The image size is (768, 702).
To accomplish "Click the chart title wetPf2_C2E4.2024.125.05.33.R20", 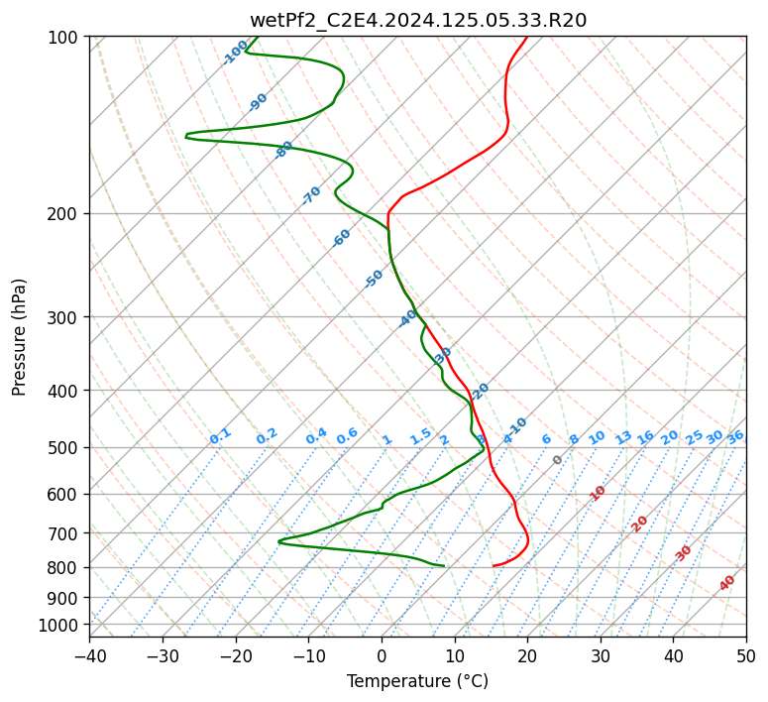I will click(417, 20).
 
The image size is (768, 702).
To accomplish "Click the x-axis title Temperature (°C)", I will click(417, 682).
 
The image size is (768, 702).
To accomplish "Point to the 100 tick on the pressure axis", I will click(65, 38).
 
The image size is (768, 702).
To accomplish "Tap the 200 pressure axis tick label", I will click(65, 214).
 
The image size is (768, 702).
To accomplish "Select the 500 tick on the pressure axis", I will click(65, 448).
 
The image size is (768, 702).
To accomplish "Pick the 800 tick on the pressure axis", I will click(65, 568).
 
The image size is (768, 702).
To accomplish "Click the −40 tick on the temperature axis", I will click(89, 655).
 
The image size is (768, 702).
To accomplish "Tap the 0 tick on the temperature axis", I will click(382, 655).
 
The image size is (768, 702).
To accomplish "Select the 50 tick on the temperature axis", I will click(746, 655).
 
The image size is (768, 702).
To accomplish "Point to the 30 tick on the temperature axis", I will click(601, 655).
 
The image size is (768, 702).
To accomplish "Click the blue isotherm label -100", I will click(235, 53).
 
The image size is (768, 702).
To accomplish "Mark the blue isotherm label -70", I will click(311, 195).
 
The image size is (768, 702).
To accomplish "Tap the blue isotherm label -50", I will click(374, 279).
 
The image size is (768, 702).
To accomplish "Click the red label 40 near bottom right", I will click(727, 583).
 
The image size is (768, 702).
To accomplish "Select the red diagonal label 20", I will click(640, 523).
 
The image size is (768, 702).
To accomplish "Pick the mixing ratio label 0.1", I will click(220, 436).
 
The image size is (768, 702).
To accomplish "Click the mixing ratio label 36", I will click(735, 436).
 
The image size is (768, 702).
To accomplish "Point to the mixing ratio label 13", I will click(623, 437).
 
